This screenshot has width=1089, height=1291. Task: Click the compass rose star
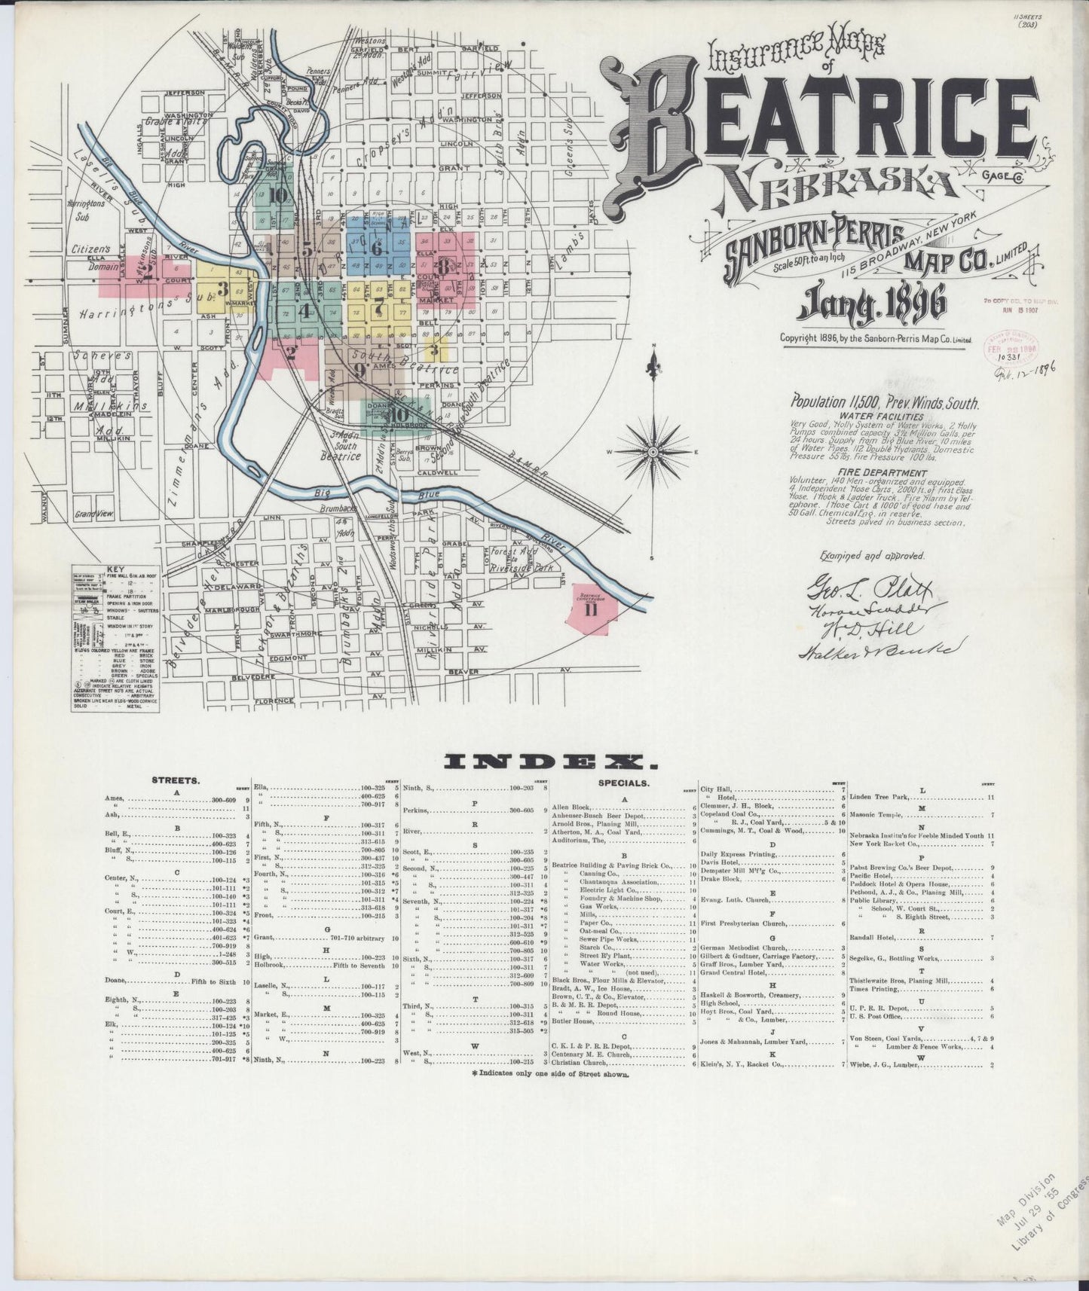(653, 451)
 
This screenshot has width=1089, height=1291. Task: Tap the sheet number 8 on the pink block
(445, 267)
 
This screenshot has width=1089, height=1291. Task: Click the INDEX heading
(551, 763)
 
